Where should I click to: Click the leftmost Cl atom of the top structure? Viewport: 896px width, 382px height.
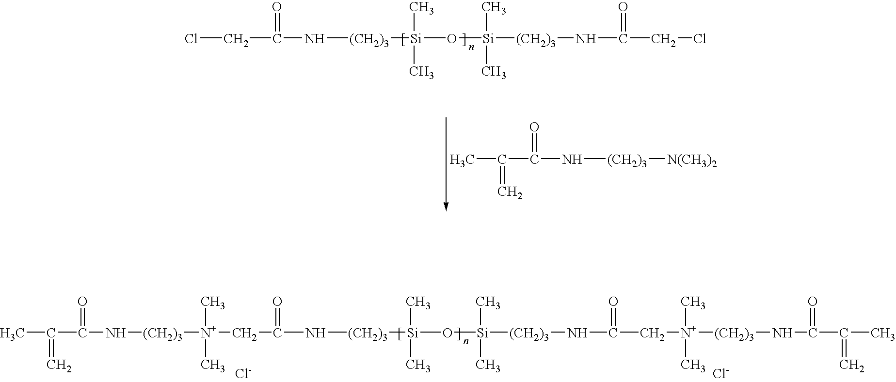click(x=191, y=39)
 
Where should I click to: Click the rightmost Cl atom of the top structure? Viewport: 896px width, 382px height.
click(x=699, y=39)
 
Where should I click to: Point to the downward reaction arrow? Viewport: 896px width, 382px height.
click(x=446, y=164)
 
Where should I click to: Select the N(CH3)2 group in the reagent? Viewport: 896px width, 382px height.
click(x=692, y=160)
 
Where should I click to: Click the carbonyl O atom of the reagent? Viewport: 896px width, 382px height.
click(x=534, y=128)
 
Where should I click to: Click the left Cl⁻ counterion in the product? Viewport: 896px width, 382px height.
click(x=243, y=373)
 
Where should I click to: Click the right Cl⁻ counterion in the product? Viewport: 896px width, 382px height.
click(x=720, y=373)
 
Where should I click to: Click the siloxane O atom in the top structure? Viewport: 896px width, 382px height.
click(x=451, y=39)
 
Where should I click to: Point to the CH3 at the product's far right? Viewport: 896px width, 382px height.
click(x=882, y=334)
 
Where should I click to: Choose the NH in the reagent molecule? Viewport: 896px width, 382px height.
click(x=572, y=160)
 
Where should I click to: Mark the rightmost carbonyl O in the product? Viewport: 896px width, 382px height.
click(x=813, y=302)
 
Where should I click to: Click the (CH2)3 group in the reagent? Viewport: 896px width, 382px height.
click(x=627, y=160)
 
